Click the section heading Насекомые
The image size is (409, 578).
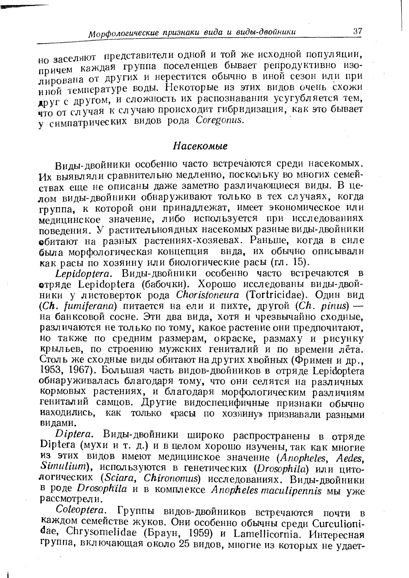click(200, 146)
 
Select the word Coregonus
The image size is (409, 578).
click(219, 120)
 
